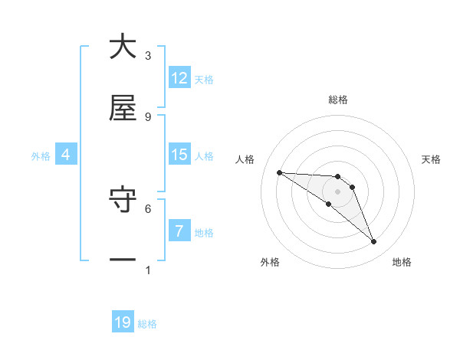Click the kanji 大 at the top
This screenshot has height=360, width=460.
tap(123, 47)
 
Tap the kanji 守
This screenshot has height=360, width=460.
tap(123, 201)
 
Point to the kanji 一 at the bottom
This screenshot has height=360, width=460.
tap(123, 260)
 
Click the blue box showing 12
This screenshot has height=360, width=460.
tap(179, 78)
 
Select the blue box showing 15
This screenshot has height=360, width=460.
tap(179, 155)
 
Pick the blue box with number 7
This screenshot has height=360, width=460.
tap(179, 231)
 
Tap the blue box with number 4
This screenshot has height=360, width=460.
tap(66, 155)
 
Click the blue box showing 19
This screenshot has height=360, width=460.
tap(123, 322)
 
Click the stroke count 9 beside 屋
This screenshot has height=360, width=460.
tap(148, 116)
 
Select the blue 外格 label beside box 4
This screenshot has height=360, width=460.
tap(41, 155)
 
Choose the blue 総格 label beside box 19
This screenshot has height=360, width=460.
tap(147, 324)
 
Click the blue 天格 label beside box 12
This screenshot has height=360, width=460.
tap(204, 79)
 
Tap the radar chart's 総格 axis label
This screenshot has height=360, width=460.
tap(338, 100)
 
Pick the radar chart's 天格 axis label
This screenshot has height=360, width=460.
tap(431, 159)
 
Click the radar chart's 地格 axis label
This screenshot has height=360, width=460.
tap(402, 262)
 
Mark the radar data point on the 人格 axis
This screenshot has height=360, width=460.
tap(279, 172)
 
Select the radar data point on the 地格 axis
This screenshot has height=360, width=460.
tap(374, 242)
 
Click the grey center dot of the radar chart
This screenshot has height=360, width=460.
tap(338, 191)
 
